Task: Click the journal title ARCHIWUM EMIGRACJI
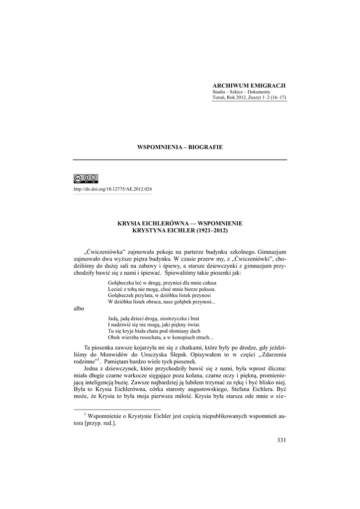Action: pos(249,86)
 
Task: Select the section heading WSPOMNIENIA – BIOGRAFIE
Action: pos(180,147)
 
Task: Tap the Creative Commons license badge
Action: pos(86,179)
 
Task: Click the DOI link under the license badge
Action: pos(113,190)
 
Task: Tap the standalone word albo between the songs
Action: pos(79,308)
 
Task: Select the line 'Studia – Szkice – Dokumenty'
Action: pos(241,92)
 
